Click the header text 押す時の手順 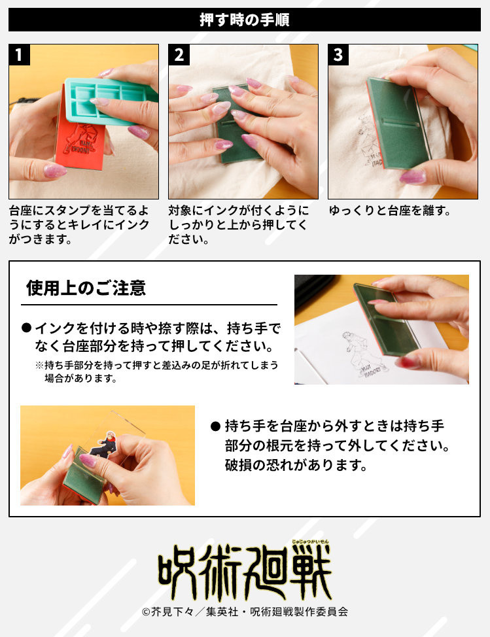tap(245, 20)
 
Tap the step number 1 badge tap(20, 55)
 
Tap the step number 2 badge tap(179, 55)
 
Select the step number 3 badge tap(338, 55)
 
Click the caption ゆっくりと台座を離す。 tap(390, 211)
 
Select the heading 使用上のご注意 tap(86, 288)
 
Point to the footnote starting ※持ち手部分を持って tap(156, 371)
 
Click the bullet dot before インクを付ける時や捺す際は tap(26, 328)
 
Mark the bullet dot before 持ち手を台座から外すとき tap(215, 426)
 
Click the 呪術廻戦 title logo tap(244, 571)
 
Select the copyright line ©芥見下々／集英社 tap(244, 612)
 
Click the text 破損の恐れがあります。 tap(294, 466)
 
